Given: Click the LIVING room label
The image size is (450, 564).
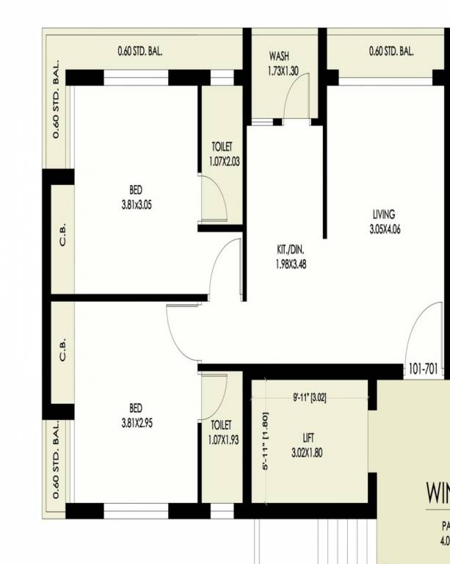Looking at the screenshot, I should click(x=383, y=214).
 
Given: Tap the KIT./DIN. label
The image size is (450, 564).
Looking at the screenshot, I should click(x=291, y=250).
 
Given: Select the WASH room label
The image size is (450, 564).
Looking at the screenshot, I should click(x=278, y=56).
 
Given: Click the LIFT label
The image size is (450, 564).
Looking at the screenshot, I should click(x=308, y=438).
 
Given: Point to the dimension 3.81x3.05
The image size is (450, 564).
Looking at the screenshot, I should click(x=137, y=206).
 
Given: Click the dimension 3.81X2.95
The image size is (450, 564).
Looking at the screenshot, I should click(x=137, y=424).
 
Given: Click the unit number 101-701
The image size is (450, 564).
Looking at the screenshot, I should click(x=424, y=369).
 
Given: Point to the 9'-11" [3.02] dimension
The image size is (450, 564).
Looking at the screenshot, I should click(x=309, y=398).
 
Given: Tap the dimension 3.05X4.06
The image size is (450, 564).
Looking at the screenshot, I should click(x=385, y=229).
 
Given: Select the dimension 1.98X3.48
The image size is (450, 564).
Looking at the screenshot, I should click(x=291, y=264).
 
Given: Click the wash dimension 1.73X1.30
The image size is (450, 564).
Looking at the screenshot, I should click(x=283, y=71).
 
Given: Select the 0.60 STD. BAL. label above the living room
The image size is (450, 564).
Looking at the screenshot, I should click(x=391, y=52).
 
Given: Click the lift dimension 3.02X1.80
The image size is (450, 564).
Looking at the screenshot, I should click(x=307, y=453).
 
